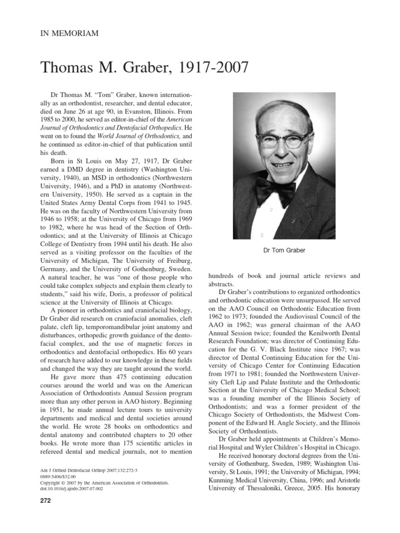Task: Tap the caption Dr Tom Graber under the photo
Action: (x=284, y=250)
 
